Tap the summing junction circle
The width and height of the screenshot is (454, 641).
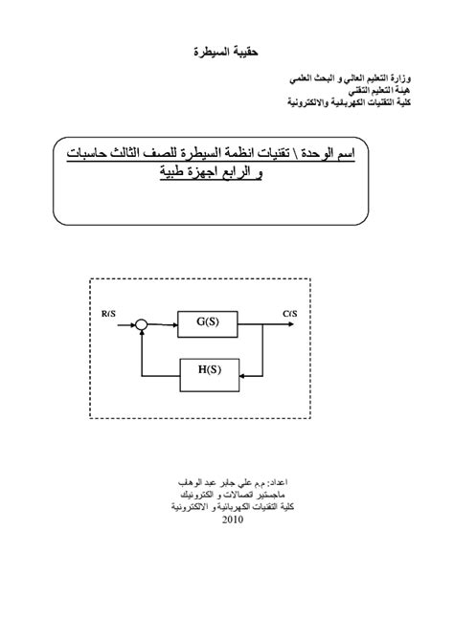coord(141,324)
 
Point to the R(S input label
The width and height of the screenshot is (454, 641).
coord(108,312)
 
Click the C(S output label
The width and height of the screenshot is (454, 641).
coord(289,312)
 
